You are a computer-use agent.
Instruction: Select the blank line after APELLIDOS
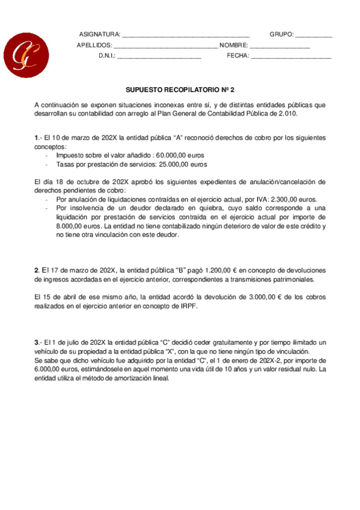(165, 46)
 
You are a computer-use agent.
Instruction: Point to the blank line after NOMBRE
(280, 46)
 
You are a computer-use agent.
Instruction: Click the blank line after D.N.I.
(159, 57)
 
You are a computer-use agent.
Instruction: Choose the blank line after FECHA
(290, 57)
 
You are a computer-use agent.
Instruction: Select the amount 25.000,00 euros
(182, 164)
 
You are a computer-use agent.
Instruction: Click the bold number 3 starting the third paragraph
(37, 342)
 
